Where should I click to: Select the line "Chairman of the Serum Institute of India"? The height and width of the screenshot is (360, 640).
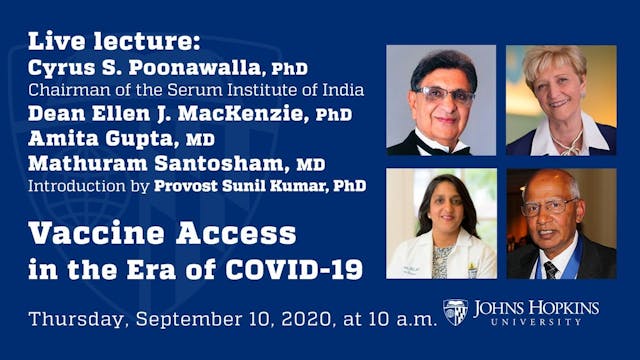pyautogui.click(x=196, y=90)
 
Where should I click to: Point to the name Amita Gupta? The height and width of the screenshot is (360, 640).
pyautogui.click(x=117, y=138)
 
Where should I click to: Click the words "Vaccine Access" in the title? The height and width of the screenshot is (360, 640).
pyautogui.click(x=162, y=234)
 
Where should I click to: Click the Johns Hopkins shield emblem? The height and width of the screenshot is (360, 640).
pyautogui.click(x=455, y=312)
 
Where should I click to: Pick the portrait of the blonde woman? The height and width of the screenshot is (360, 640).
pyautogui.click(x=560, y=100)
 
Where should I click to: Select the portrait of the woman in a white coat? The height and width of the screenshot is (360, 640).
pyautogui.click(x=441, y=224)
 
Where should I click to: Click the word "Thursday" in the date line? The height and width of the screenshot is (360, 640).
pyautogui.click(x=75, y=320)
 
